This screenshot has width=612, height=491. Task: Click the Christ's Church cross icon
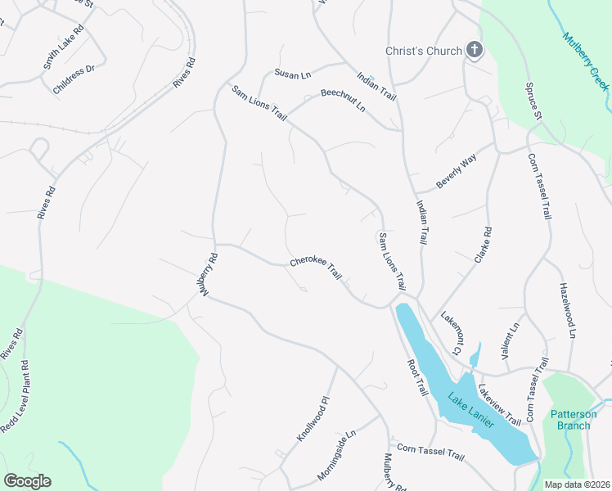coord(474,51)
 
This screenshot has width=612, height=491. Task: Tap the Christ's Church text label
coord(424,51)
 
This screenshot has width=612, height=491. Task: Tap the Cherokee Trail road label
coord(315,269)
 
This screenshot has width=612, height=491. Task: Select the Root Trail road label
coord(417,376)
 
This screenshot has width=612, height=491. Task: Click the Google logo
coord(27,481)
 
